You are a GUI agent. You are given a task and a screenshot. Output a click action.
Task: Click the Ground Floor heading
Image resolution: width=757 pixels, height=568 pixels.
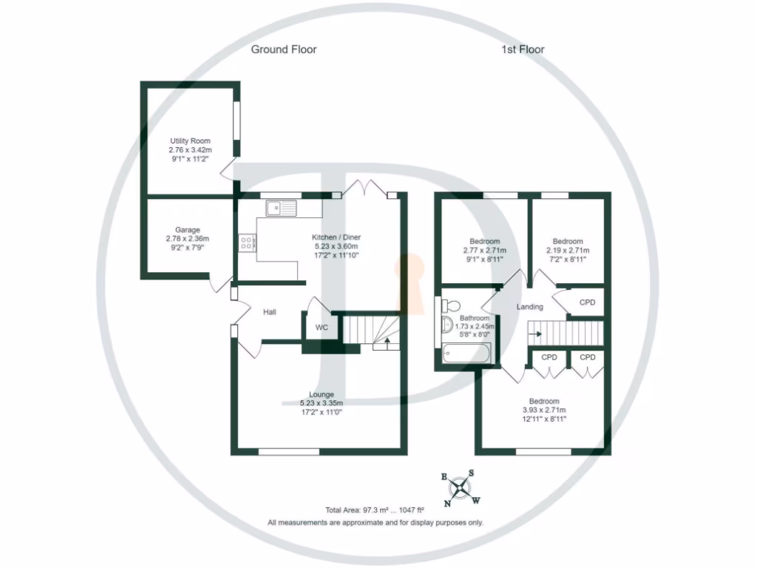[284, 50]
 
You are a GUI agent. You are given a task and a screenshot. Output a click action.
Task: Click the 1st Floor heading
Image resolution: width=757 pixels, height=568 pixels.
[523, 50]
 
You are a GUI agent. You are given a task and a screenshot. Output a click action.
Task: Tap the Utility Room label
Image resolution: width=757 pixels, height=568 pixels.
[190, 141]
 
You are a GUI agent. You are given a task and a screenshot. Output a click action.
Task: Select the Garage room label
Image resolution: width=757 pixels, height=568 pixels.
[188, 230]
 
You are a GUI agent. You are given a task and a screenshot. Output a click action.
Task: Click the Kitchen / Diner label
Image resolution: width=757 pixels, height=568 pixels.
[336, 237]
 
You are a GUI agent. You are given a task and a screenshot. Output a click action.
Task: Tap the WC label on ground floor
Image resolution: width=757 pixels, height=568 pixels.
[322, 328]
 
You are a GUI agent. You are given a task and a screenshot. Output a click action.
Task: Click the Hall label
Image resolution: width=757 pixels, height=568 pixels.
[270, 313]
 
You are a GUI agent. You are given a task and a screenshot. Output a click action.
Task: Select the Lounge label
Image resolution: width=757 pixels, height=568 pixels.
[322, 394]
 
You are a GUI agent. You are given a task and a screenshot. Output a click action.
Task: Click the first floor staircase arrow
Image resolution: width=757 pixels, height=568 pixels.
[536, 334]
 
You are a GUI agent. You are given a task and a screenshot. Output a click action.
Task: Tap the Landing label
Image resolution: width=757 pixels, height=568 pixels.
[530, 307]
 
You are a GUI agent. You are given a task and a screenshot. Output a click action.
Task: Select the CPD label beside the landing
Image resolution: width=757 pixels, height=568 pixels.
[587, 302]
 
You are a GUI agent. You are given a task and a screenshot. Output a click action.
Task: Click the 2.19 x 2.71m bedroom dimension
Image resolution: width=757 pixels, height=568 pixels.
[568, 251]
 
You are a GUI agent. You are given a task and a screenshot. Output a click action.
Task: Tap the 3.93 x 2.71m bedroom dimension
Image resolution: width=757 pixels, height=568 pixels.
[543, 410]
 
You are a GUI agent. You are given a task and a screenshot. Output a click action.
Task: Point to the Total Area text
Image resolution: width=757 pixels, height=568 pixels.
[375, 510]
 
